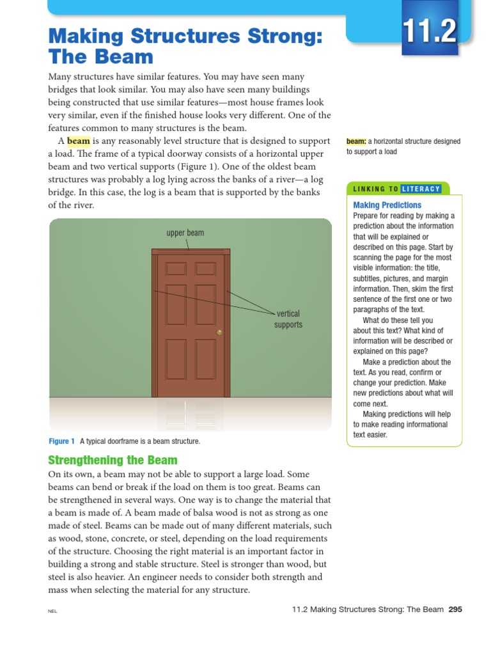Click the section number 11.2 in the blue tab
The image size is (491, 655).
(430, 31)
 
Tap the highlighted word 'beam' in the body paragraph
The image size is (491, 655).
(79, 141)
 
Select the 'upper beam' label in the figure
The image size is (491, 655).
(185, 233)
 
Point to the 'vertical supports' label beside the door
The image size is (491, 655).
(288, 319)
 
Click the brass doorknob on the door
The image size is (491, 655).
(219, 332)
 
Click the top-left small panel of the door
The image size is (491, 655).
(176, 269)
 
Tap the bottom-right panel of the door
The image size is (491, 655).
(206, 359)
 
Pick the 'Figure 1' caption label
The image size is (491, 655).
(62, 441)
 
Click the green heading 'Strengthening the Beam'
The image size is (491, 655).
(113, 461)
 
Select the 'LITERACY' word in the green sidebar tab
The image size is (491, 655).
(421, 189)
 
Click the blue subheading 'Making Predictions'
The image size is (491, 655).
(387, 205)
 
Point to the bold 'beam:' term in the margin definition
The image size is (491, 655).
(356, 142)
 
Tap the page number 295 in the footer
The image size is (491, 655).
(455, 610)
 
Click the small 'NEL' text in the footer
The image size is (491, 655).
(52, 612)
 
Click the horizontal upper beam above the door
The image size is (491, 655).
(191, 252)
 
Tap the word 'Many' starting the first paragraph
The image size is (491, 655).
(60, 77)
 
